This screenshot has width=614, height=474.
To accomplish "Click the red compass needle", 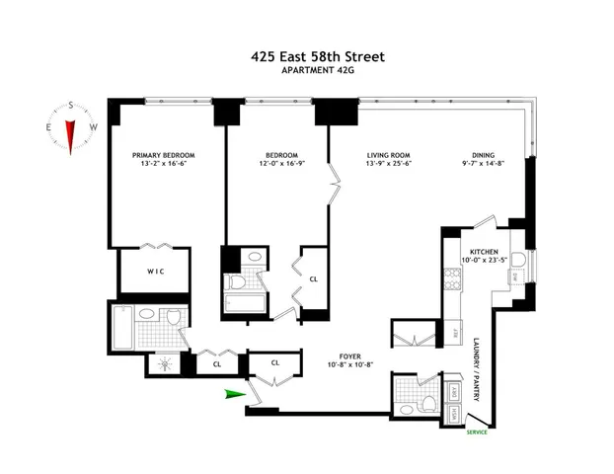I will [71, 129].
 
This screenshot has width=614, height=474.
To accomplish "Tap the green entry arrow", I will [232, 395].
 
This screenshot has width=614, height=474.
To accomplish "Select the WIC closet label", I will [153, 271].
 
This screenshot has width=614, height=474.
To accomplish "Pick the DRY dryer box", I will [453, 391].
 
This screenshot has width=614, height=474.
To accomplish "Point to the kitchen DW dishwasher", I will [516, 276].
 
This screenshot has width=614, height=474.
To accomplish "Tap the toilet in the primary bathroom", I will [172, 319].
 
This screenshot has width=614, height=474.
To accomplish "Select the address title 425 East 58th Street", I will [307, 56].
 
